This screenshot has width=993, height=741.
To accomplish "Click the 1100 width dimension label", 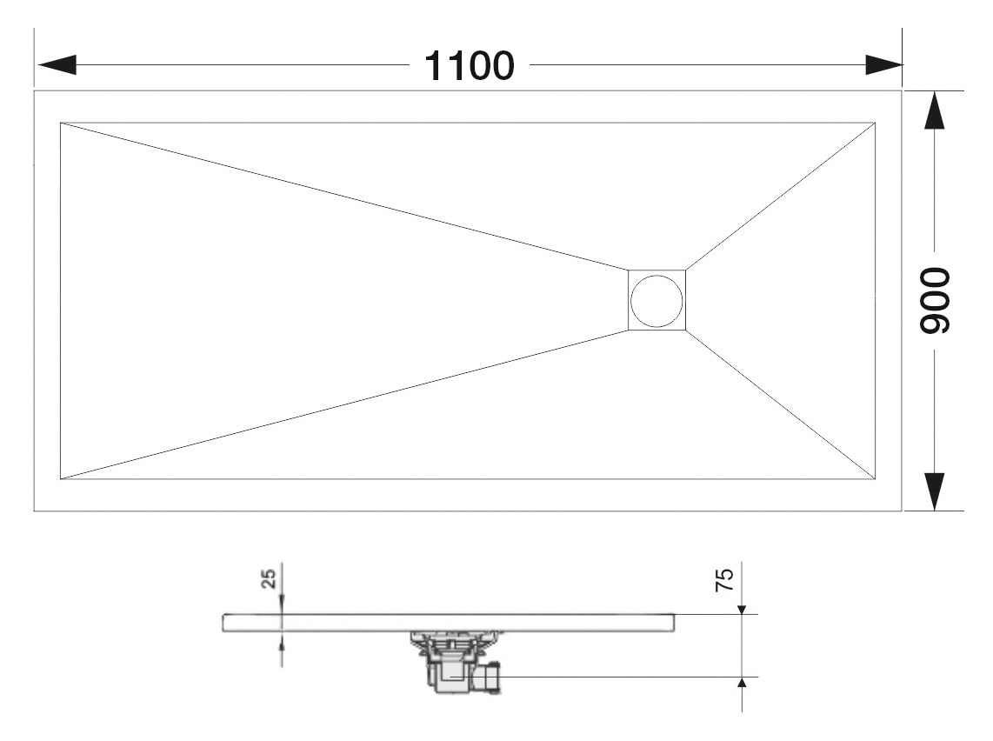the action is click(469, 66).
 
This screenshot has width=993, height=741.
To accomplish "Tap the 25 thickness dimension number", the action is click(269, 578).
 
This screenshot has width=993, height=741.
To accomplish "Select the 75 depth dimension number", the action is click(724, 579).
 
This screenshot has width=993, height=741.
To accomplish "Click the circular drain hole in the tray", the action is click(656, 301).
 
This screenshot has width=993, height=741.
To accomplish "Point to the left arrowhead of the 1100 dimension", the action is click(57, 64).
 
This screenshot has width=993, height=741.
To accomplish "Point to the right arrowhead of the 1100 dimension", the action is click(884, 64).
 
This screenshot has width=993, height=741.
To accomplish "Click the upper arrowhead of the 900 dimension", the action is click(935, 111).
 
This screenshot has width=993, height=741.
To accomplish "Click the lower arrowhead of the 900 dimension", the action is click(935, 491).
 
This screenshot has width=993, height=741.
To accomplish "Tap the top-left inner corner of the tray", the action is click(61, 123).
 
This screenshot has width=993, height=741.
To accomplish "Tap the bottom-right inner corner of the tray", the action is click(876, 479).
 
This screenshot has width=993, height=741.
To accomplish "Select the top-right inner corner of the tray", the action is click(876, 123).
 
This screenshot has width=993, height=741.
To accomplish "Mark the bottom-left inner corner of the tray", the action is click(61, 479).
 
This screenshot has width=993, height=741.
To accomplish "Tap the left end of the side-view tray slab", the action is click(223, 623).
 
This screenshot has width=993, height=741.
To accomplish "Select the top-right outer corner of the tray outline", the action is click(901, 91).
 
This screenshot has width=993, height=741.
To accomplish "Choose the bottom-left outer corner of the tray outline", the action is click(34, 511).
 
